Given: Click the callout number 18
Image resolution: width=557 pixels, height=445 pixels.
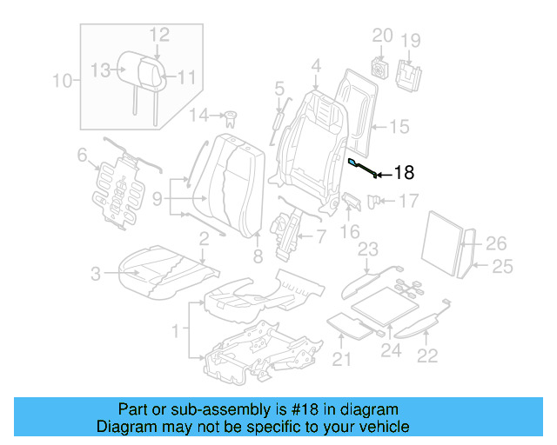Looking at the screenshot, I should pos(406,172).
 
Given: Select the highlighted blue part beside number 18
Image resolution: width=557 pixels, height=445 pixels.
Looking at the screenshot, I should pos(363,168).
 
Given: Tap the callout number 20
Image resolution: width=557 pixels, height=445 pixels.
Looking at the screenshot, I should pos(382,36).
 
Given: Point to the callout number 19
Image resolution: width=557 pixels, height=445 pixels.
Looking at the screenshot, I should pos(410,40).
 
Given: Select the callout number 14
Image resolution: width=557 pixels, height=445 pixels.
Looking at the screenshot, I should pos(199,115).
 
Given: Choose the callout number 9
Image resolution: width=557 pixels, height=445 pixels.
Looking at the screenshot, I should pos(157,199).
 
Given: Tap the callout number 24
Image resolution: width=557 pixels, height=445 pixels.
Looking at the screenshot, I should pos(390,351).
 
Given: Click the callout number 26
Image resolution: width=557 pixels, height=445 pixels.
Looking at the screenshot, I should pos(496,243).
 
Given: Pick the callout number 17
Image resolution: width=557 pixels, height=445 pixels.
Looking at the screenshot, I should pos(408,202).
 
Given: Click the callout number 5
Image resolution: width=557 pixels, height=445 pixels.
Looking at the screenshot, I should pos(279,88).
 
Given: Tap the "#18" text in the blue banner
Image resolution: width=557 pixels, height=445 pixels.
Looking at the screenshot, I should pos(301,409).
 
